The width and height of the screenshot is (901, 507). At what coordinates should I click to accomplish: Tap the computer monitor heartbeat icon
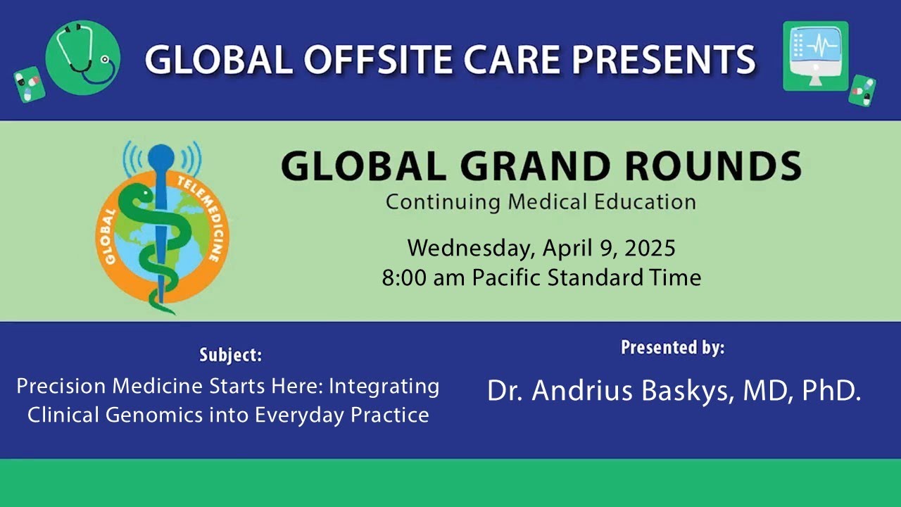point(816,56)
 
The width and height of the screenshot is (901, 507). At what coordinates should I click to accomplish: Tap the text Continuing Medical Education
point(541,202)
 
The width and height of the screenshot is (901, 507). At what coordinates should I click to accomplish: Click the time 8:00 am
point(424,277)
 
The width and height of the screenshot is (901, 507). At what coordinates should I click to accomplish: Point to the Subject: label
point(230,355)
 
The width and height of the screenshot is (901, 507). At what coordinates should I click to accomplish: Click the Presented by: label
point(672,347)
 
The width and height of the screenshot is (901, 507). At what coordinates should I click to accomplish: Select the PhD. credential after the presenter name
point(831,392)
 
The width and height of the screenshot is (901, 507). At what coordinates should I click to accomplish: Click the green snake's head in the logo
point(141,192)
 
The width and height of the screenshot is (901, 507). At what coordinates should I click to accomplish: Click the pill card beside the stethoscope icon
point(30,84)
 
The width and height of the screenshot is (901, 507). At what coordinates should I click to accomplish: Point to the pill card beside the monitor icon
point(862,91)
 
